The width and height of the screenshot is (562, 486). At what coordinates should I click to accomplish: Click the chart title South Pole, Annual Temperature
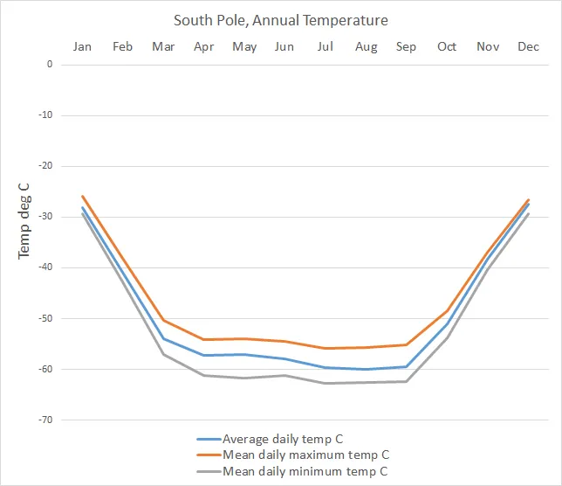tap(280, 19)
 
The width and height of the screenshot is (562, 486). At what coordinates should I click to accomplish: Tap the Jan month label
tap(82, 46)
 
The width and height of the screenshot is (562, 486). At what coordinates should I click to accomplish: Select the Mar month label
tap(163, 46)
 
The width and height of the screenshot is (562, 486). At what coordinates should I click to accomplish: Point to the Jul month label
tap(326, 46)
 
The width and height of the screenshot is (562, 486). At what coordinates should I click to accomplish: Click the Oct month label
tap(447, 46)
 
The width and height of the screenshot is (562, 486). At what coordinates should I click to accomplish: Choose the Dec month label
tap(528, 46)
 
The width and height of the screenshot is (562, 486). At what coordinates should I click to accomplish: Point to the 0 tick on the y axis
tap(50, 65)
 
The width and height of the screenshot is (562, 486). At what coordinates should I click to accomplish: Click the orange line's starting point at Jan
tap(82, 196)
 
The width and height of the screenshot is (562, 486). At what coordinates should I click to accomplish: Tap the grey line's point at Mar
tap(163, 354)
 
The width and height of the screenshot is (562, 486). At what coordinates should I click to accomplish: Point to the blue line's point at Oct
tap(447, 325)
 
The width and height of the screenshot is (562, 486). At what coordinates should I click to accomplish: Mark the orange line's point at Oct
tap(447, 311)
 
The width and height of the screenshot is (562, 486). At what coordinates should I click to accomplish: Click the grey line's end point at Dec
tap(528, 213)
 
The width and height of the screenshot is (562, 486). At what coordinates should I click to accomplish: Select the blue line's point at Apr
tap(204, 355)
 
